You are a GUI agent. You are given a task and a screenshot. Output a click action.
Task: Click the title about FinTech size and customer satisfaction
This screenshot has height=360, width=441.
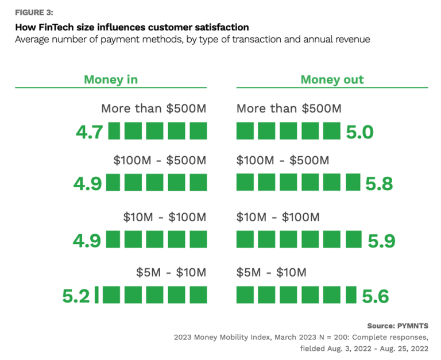pos(132,28)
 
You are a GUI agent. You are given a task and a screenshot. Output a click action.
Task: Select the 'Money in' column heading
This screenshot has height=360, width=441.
pos(111,79)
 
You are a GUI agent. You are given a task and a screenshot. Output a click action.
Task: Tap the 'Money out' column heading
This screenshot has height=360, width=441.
pos(332,79)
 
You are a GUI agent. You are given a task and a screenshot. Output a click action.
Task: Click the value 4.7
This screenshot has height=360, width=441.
pos(89,132)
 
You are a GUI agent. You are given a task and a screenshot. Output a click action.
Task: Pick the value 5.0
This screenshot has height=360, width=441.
pos(359,132)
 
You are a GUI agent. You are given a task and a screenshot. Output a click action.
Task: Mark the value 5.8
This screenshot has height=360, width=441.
pos(379,184)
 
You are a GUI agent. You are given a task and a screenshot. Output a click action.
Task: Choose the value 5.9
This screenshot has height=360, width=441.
pos(381,241)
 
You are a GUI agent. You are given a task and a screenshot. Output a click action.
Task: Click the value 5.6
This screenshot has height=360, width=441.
pos(376,296)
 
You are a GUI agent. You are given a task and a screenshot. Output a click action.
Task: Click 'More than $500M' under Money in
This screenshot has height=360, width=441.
pos(153,109)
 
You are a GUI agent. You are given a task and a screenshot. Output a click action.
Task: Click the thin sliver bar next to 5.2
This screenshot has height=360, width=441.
pos(96,295)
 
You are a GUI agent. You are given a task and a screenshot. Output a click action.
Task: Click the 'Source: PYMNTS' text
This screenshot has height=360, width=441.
pos(397,326)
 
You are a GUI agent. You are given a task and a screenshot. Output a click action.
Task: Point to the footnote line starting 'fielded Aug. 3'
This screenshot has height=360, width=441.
pos(364,348)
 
